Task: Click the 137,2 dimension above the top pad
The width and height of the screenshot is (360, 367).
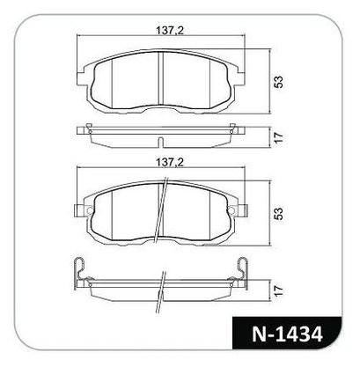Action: [170, 30]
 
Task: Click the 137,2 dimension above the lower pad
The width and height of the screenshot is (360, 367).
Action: [170, 162]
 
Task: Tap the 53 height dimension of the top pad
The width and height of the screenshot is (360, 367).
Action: [278, 82]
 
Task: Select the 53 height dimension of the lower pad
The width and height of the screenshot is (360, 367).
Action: [278, 214]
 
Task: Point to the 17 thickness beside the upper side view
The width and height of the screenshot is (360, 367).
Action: [279, 137]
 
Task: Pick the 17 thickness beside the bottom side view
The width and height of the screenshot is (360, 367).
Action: [279, 290]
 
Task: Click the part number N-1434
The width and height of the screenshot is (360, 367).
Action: [287, 334]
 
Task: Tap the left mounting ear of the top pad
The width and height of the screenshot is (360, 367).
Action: [81, 79]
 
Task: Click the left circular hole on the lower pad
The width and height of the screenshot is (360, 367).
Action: [90, 210]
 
